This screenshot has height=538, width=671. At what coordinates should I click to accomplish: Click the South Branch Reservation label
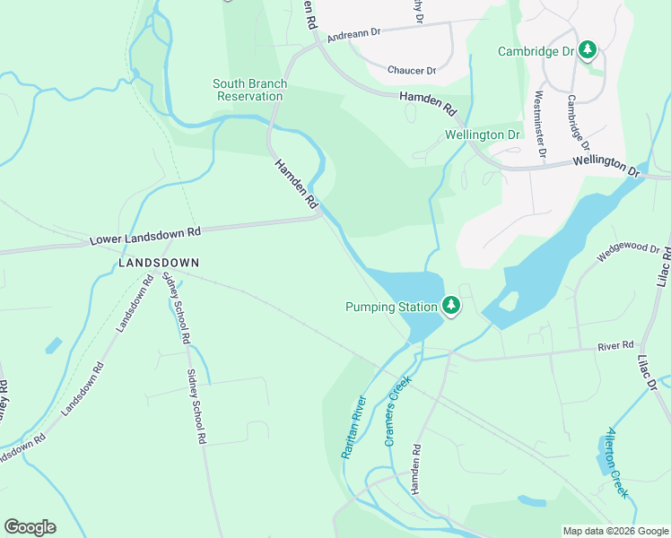coord(249,90)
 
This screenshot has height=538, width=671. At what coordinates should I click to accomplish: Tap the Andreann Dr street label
coord(354,33)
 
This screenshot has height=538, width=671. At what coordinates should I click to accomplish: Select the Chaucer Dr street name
coord(411,70)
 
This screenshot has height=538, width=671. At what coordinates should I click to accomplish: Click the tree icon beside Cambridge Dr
coord(588,50)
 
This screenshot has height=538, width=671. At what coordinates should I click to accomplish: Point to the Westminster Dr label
coord(540,123)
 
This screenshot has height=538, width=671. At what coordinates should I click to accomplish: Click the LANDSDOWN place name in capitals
coord(159,262)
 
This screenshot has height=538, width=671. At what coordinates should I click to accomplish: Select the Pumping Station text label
coord(391,307)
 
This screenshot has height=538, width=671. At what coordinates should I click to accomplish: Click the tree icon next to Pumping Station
coord(452,307)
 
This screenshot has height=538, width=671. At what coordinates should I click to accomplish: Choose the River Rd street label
coord(616,344)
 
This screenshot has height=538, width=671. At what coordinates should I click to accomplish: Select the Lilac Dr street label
coord(647,370)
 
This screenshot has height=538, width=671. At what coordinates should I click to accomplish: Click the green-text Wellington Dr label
coord(483,134)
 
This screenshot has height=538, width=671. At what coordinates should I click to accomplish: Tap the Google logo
coord(30,527)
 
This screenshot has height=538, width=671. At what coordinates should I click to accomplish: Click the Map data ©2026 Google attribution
coord(614,531)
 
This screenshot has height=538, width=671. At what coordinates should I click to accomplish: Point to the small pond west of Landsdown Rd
coord(53,345)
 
